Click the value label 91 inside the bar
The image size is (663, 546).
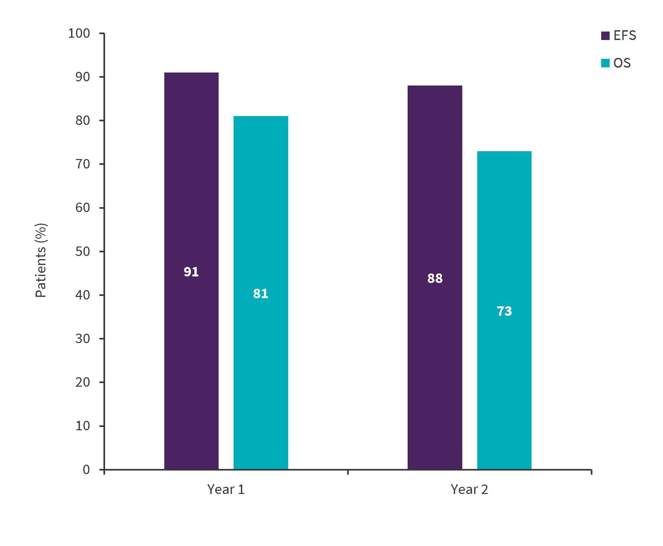click(191, 272)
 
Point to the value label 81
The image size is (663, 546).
click(261, 294)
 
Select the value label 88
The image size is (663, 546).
click(435, 278)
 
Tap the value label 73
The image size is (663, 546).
click(504, 311)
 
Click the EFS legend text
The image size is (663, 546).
click(625, 35)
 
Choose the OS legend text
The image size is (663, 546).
click(622, 63)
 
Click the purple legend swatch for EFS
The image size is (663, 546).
click(605, 36)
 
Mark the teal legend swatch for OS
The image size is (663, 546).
click(605, 63)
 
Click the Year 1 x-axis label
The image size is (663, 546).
click(226, 489)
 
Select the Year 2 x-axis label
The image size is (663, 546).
click(469, 489)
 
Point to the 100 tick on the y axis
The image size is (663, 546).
click(79, 33)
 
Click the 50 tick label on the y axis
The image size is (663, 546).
click(83, 251)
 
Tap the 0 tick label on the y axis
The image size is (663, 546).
click(86, 470)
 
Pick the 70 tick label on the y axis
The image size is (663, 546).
click(83, 164)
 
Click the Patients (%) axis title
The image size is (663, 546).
click(41, 260)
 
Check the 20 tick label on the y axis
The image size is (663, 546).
click(83, 382)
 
